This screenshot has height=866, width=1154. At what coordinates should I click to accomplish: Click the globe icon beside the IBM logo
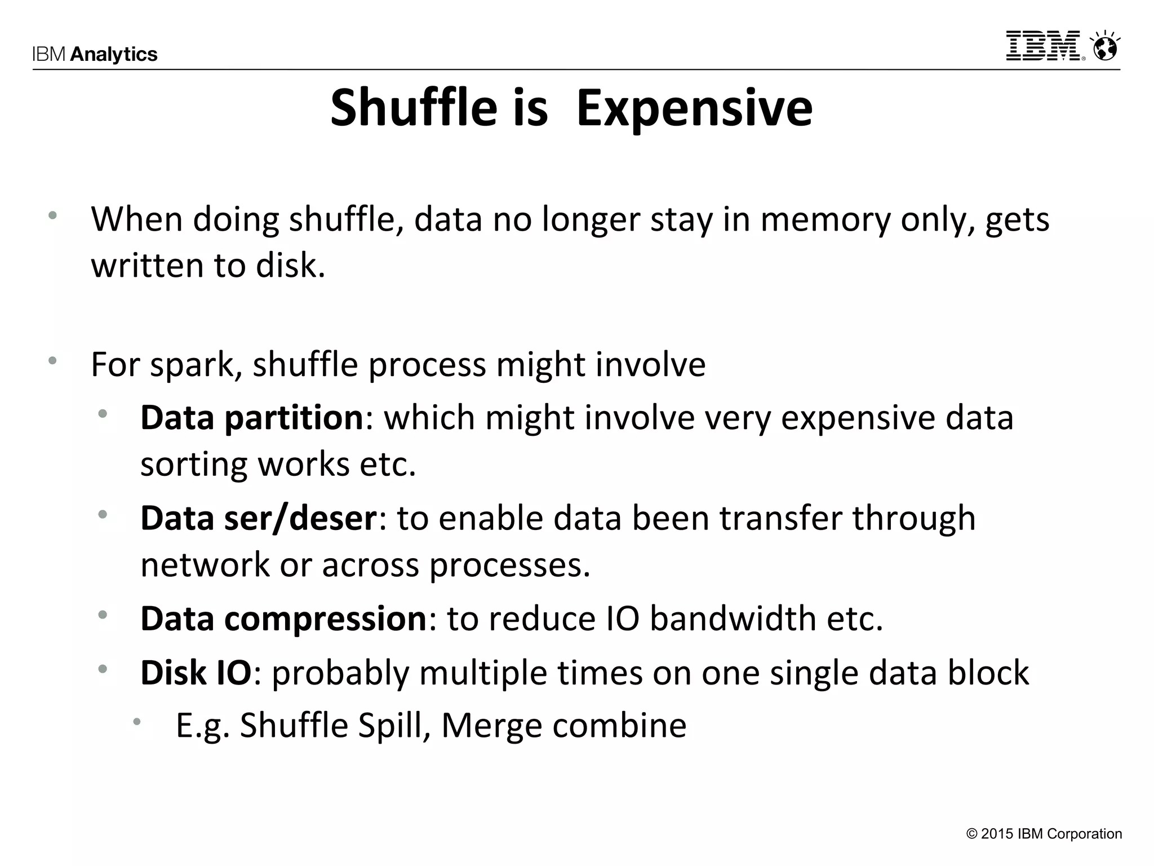point(1105,47)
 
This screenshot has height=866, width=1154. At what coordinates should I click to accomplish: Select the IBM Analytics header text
point(95,54)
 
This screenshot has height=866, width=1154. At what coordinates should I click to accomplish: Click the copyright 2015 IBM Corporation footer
point(1044,834)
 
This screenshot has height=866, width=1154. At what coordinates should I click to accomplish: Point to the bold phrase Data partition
point(252,418)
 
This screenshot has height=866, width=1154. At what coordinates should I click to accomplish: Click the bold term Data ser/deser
point(258,518)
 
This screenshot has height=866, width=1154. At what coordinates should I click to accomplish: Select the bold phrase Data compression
point(283,618)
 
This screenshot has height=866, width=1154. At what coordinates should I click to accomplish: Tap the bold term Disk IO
point(196,673)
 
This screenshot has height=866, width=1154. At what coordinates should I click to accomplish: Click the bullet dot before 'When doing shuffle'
point(52,215)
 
